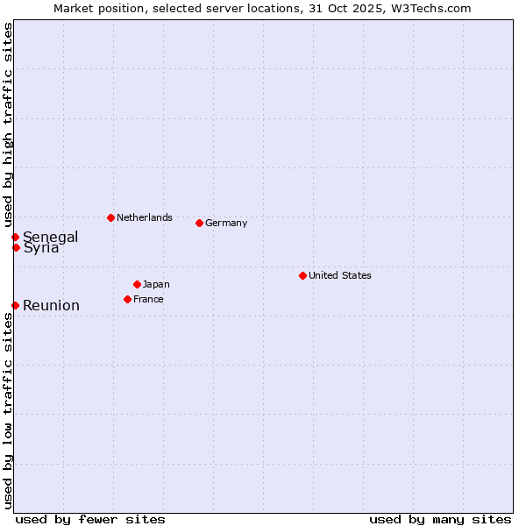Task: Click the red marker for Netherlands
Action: [x=110, y=217]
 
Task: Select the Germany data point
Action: [x=199, y=223]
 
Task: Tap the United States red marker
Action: [x=302, y=275]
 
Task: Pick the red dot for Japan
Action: [x=137, y=284]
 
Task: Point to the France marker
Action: [x=127, y=299]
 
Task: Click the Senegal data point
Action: [x=15, y=237]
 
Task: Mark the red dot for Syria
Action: [x=16, y=247]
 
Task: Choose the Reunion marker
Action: [x=15, y=305]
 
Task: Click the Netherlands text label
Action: [x=145, y=217]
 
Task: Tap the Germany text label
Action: [x=226, y=223]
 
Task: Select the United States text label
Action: [x=340, y=275]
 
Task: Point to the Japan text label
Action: [x=156, y=284]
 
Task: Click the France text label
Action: [x=148, y=299]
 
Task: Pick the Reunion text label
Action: [x=51, y=305]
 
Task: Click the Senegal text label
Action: [x=50, y=237]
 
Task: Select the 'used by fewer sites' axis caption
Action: [x=90, y=519]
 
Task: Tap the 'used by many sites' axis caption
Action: [x=440, y=519]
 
